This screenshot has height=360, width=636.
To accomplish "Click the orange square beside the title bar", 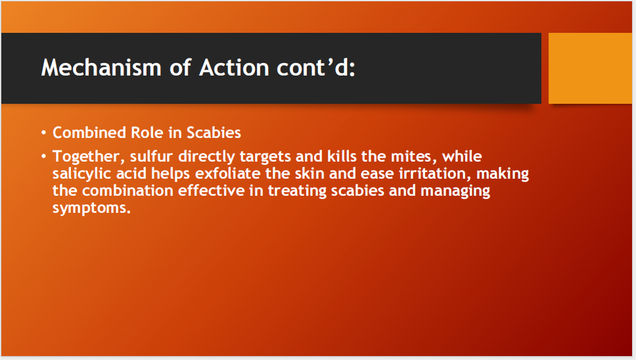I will click(x=589, y=68).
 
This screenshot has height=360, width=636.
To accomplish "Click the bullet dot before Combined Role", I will click(x=44, y=133).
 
